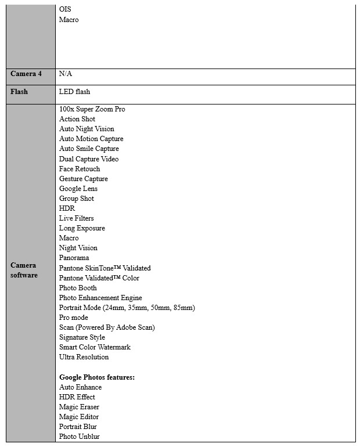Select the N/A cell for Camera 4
[x=66, y=74]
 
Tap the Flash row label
[x=19, y=92]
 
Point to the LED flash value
[x=74, y=92]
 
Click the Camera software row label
[x=24, y=270]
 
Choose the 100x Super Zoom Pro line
[x=92, y=109]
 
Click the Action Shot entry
[x=77, y=119]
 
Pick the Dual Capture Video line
[x=89, y=158]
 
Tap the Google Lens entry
[x=78, y=189]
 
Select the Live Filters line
[x=76, y=218]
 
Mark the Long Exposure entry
[x=82, y=228]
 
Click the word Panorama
[x=74, y=258]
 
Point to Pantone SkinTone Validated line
[x=105, y=268]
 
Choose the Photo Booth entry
[x=78, y=288]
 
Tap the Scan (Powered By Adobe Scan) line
[x=107, y=327]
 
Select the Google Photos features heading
[x=97, y=377]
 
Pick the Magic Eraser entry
[x=79, y=407]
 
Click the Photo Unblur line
[x=80, y=437]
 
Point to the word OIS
[x=65, y=10]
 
